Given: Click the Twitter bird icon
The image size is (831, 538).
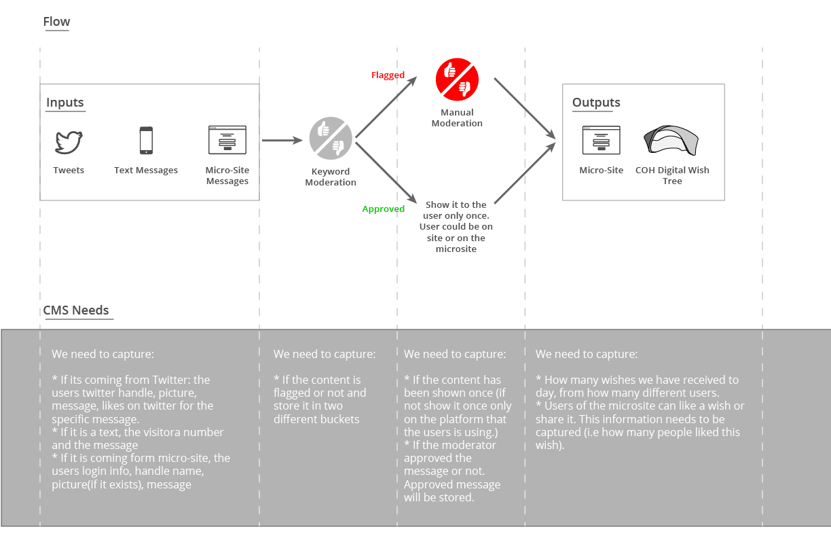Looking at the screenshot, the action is click(x=69, y=142).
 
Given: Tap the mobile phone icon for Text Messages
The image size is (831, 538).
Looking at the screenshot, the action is click(x=146, y=141).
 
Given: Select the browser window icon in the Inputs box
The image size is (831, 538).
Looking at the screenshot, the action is click(x=227, y=140).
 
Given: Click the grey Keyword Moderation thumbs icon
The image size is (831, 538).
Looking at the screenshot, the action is click(x=331, y=138).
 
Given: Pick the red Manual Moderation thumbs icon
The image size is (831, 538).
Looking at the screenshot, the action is click(x=457, y=79).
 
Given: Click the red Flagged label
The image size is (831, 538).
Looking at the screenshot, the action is click(x=388, y=75).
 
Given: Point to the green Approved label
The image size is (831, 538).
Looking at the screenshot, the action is click(x=383, y=209).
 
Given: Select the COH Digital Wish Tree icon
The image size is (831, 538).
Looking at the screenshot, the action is click(x=671, y=141).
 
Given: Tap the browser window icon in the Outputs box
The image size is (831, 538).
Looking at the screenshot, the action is click(x=602, y=140).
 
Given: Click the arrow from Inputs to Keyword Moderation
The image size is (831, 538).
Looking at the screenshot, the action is click(x=282, y=141).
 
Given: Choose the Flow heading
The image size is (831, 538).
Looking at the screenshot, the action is click(x=56, y=22).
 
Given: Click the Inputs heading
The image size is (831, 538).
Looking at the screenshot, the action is click(x=65, y=102).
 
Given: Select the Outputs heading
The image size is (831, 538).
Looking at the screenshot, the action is click(x=596, y=102).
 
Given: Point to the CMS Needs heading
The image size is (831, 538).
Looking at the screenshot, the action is click(x=76, y=310).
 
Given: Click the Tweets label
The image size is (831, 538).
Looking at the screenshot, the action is click(x=69, y=170).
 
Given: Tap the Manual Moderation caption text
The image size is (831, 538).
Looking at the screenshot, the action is click(x=457, y=118).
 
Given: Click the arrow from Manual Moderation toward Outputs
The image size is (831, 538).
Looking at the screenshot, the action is click(x=525, y=109).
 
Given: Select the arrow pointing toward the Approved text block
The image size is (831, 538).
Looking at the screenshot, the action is click(x=386, y=173).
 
